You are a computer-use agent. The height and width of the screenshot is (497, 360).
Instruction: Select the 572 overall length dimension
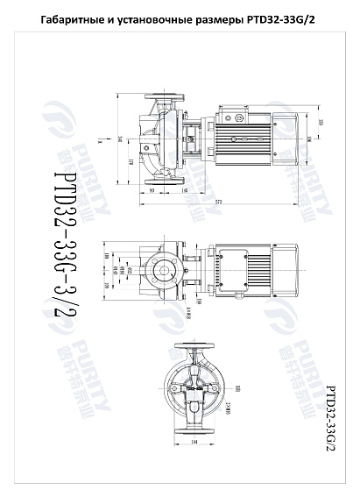click(220, 201)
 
